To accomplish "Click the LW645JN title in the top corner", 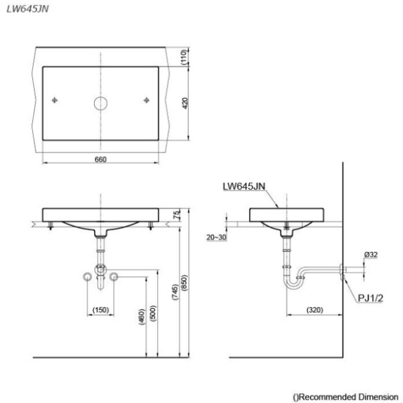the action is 27,9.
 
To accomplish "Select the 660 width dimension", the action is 100,159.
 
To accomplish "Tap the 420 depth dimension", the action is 185,103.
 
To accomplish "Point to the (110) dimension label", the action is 184,57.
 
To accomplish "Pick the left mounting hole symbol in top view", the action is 55,100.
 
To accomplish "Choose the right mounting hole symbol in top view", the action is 146,100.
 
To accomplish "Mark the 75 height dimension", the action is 177,215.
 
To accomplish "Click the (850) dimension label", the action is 184,283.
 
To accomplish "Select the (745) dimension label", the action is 175,292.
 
